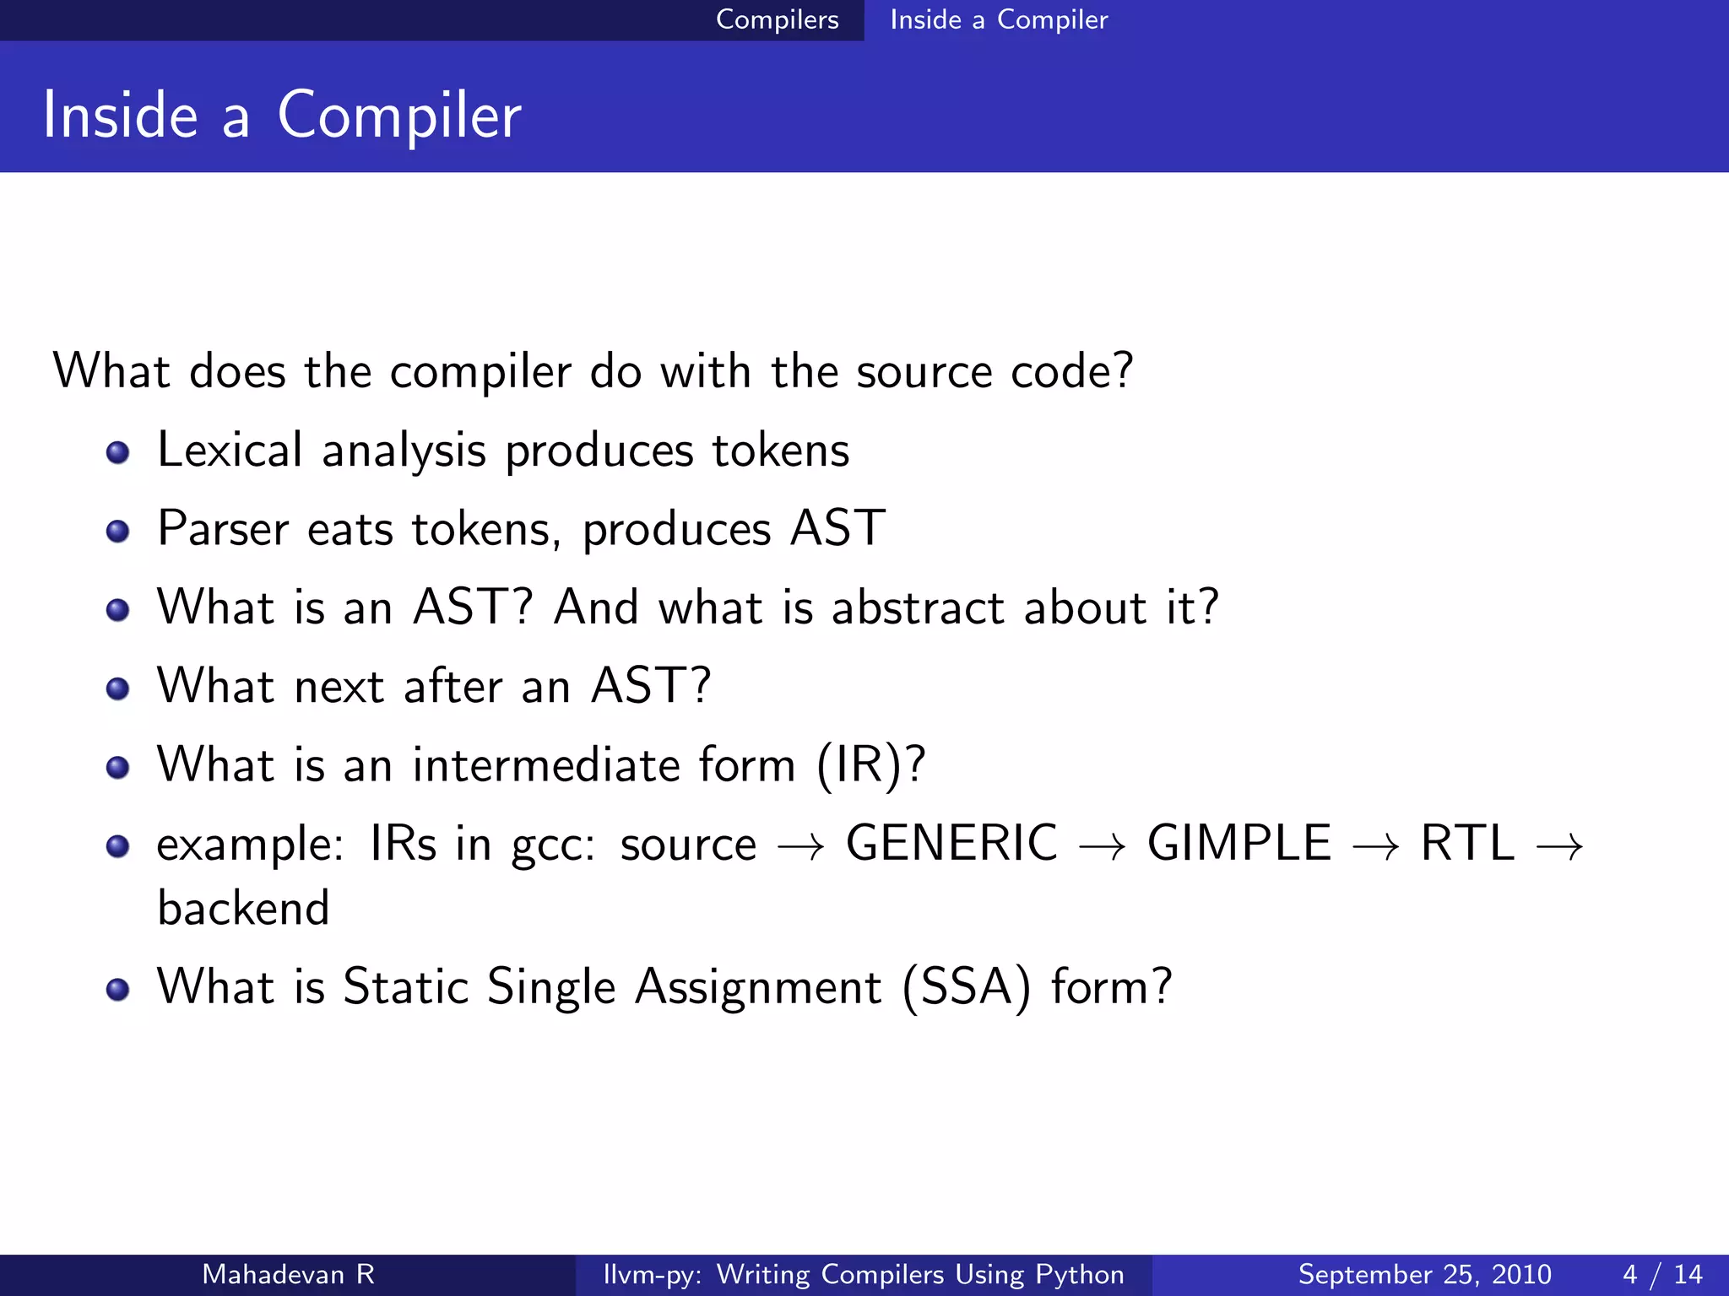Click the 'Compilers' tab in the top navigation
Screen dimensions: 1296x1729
777,19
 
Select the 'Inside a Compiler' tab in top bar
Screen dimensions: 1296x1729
999,19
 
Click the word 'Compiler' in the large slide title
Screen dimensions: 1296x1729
398,116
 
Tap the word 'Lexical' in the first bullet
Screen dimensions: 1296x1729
230,450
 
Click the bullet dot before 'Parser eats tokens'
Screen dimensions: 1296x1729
117,532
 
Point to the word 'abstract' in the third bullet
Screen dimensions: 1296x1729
918,607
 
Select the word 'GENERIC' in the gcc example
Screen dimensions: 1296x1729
951,843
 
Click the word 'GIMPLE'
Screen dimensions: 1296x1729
1238,843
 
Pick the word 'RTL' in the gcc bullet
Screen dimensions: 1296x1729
1467,843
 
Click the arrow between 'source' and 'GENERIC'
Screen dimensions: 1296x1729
800,846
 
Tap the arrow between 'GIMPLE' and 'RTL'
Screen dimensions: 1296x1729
1375,846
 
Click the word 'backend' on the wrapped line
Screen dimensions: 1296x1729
243,909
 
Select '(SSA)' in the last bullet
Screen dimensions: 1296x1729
966,987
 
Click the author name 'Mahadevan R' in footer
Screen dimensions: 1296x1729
288,1274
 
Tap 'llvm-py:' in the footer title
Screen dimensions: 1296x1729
652,1274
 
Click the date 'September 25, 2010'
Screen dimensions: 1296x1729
1424,1274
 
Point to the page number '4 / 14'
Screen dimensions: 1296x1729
1662,1274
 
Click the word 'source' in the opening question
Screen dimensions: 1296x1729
924,372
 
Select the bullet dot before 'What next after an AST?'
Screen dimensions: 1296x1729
117,688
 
